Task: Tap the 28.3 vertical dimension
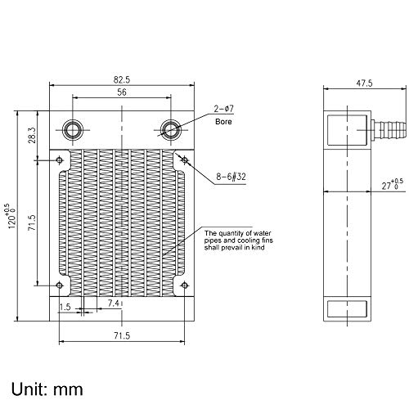pos(30,133)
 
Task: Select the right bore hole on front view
pos(171,128)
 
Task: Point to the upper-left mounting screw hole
pos(60,160)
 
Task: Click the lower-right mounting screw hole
pos(184,285)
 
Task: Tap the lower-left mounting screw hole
pos(60,285)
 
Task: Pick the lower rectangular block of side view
pos(343,308)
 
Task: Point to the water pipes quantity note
pos(238,243)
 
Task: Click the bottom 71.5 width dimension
pos(122,335)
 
